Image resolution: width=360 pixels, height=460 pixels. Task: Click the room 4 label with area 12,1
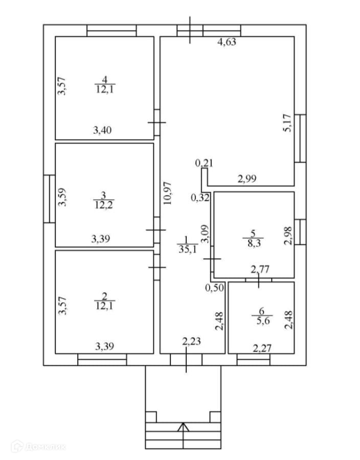105,84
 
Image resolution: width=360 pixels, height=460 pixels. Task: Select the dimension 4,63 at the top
227,42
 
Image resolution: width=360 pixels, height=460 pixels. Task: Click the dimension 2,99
247,178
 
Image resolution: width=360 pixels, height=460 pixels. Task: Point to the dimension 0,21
203,164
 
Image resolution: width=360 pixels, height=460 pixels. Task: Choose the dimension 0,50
214,288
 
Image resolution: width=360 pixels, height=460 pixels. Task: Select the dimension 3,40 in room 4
102,130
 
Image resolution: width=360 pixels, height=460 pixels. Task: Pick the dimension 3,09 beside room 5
205,234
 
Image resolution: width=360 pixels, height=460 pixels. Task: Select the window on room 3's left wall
49,199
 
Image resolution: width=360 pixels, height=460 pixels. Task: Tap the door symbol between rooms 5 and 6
258,280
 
